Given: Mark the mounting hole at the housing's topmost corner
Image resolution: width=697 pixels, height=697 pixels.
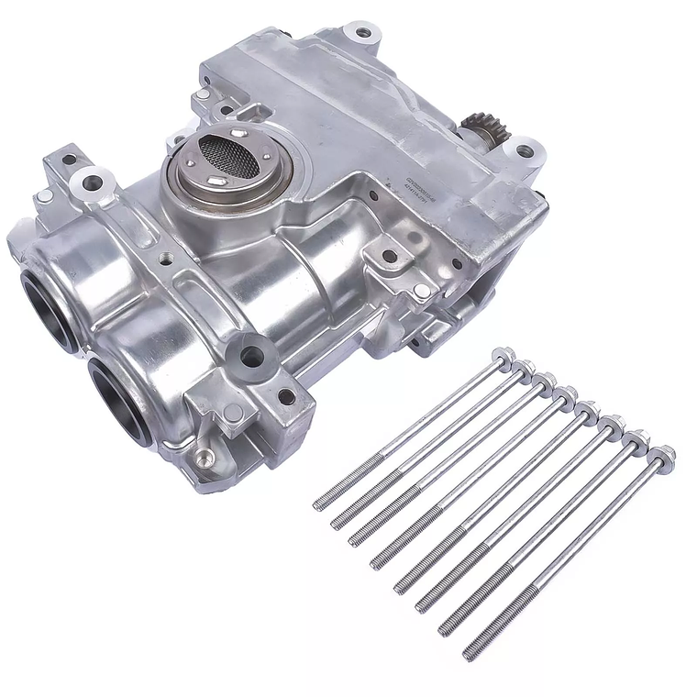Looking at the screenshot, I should tap(363, 33).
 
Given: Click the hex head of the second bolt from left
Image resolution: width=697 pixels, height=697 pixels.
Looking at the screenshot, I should tap(524, 368).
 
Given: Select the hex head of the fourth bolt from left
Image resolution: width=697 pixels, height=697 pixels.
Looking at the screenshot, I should tap(567, 394).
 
